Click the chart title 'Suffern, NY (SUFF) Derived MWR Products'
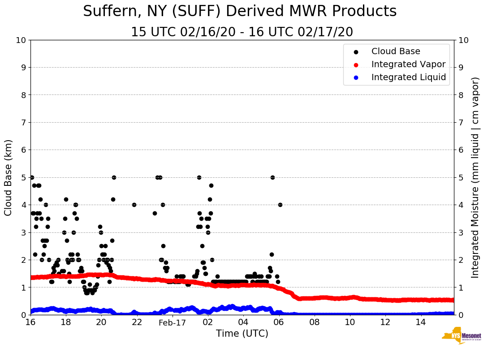click(240, 11)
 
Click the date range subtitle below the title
click(242, 32)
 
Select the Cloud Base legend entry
click(396, 51)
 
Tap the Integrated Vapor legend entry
click(408, 64)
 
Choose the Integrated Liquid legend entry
click(409, 77)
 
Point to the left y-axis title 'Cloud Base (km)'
click(9, 177)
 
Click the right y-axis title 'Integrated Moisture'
click(475, 177)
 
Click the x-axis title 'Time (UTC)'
click(242, 334)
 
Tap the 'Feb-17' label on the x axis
click(172, 322)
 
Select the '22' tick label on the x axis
click(137, 322)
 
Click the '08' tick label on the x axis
click(314, 322)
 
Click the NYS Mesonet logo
click(461, 336)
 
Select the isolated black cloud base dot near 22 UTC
click(134, 205)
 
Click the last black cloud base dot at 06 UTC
click(280, 205)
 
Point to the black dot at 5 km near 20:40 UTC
click(114, 177)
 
